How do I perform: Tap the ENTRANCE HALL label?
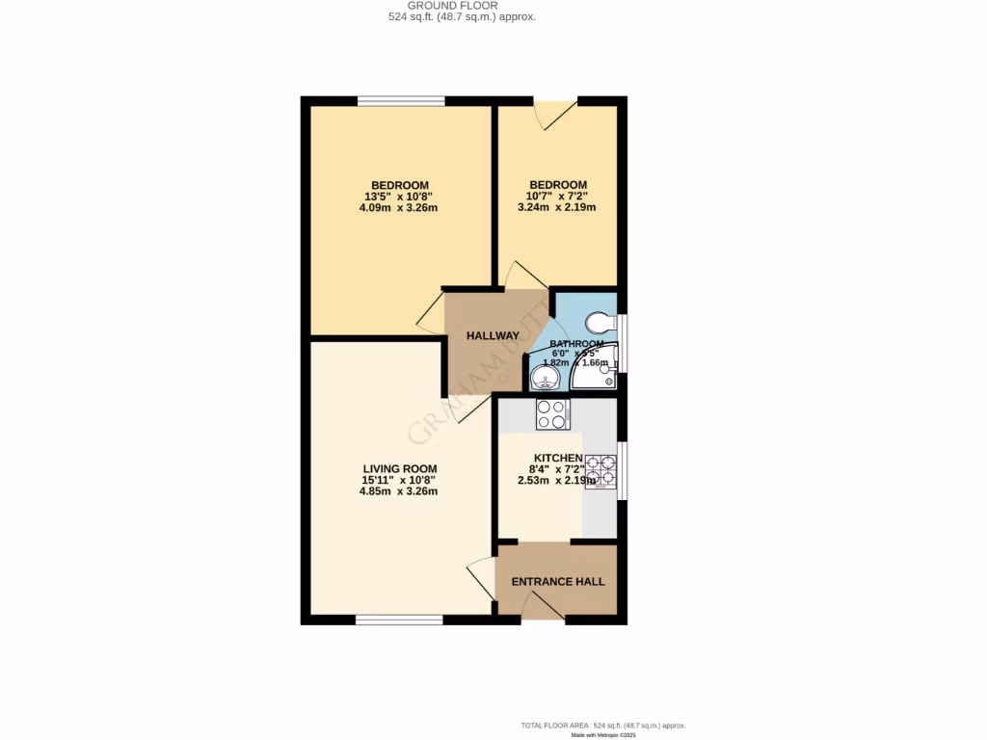pyautogui.click(x=558, y=582)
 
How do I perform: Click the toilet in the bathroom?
pyautogui.click(x=600, y=321)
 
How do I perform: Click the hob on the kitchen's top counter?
pyautogui.click(x=552, y=414)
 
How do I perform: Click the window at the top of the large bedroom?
pyautogui.click(x=401, y=100)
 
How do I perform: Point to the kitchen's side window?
pyautogui.click(x=621, y=470)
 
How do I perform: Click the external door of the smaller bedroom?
pyautogui.click(x=555, y=112)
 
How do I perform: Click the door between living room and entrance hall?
pyautogui.click(x=481, y=581)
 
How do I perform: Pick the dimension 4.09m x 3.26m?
pyautogui.click(x=399, y=207)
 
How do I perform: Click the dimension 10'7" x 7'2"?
pyautogui.click(x=557, y=197)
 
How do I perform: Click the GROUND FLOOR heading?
pyautogui.click(x=453, y=5)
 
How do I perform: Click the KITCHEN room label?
pyautogui.click(x=558, y=459)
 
